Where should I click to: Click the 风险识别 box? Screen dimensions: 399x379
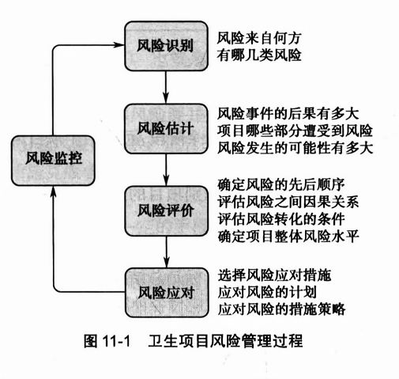[166, 46]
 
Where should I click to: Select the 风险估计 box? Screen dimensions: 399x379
[166, 129]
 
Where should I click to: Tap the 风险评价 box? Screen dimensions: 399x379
[166, 211]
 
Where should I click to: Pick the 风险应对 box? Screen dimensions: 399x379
[166, 293]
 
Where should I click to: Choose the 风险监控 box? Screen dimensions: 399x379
[53, 161]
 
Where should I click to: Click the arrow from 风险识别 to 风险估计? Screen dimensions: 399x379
[166, 88]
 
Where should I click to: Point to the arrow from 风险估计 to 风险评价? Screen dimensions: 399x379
[166, 170]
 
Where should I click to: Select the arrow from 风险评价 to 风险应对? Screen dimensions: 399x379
[166, 252]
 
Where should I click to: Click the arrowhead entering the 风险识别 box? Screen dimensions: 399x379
[120, 45]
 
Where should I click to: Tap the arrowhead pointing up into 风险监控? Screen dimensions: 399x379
[54, 191]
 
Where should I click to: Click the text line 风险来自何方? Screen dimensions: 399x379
[258, 38]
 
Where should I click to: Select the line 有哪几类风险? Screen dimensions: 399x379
[259, 55]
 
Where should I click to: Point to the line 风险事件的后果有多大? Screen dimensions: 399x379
[288, 114]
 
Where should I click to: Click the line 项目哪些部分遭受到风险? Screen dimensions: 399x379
[295, 131]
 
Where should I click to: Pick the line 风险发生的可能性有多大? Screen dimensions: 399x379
[295, 148]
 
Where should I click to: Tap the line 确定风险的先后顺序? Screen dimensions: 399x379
[281, 184]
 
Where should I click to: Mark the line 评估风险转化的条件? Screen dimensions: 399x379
[281, 219]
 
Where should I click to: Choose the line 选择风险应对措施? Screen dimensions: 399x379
[274, 275]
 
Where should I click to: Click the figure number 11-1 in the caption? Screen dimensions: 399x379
[116, 342]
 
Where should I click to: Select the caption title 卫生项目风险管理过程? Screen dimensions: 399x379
[225, 341]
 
